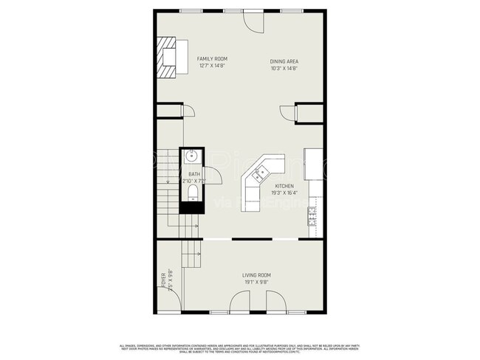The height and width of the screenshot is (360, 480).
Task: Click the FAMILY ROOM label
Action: (212, 58)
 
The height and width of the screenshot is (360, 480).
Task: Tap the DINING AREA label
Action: (284, 61)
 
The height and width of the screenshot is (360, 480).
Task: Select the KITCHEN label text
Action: (284, 186)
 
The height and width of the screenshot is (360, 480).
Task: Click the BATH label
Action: (193, 174)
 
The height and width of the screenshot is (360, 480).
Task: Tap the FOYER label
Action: (164, 280)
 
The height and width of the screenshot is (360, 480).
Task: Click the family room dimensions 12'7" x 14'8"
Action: (212, 66)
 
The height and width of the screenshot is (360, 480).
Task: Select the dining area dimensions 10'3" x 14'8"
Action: (284, 69)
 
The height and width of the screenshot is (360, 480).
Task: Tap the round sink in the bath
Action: (191, 156)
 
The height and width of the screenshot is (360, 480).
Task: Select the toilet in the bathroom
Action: (193, 193)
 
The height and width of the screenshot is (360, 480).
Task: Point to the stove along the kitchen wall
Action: (312, 216)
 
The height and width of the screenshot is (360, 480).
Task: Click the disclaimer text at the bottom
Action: (240, 348)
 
